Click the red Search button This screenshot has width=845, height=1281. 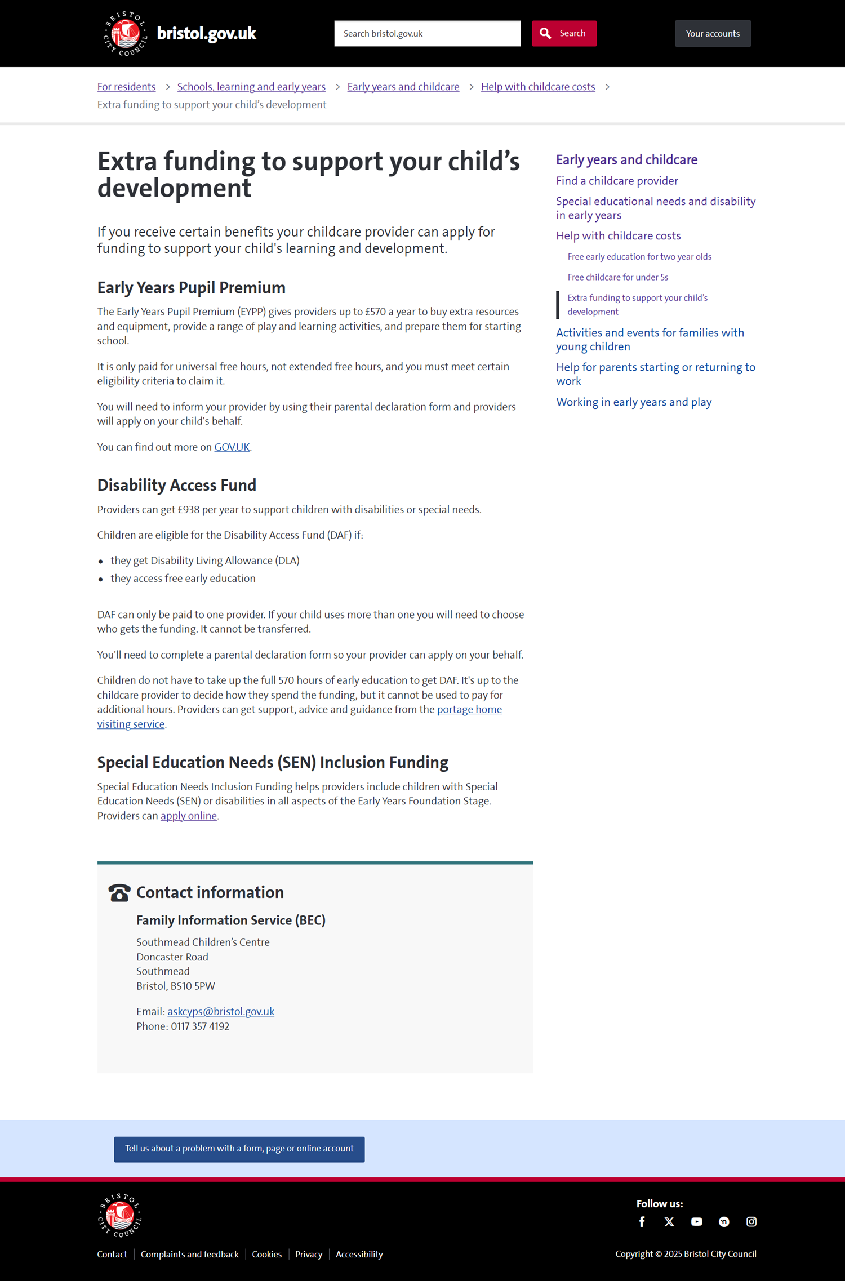pos(564,34)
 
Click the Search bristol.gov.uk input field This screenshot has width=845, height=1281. pos(427,34)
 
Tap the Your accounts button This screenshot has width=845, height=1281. pos(713,34)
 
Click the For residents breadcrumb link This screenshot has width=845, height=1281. pos(126,87)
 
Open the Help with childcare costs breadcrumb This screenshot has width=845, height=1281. pos(537,87)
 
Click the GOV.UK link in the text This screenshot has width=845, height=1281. pos(232,447)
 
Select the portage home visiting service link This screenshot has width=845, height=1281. pos(469,710)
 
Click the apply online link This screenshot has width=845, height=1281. pos(188,816)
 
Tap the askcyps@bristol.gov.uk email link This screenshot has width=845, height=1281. pos(220,1012)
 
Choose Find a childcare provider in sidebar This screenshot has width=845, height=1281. pos(617,181)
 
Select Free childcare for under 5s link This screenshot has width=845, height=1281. pos(617,277)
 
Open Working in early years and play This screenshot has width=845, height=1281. pos(634,402)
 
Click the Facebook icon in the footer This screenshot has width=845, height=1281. pos(642,1222)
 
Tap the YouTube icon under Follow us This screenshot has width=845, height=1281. pos(696,1222)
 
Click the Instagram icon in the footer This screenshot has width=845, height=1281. pos(751,1222)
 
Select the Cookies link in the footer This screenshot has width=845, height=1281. pos(266,1255)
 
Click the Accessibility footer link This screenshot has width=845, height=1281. pos(359,1255)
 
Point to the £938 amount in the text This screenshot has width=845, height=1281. pos(188,510)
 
